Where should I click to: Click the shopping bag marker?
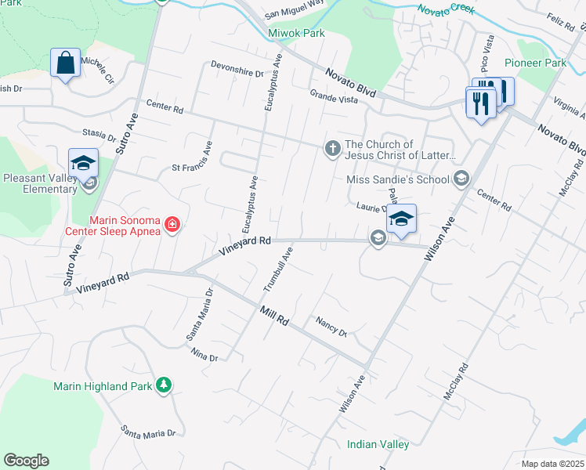click(65, 63)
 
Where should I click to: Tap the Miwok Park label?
click(296, 34)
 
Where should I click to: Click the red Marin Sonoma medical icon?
click(172, 226)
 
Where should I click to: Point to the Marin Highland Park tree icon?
click(164, 385)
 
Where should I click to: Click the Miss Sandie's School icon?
click(461, 179)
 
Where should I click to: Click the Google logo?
click(26, 461)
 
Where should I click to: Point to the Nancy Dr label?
click(331, 326)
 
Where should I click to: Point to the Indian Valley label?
click(378, 444)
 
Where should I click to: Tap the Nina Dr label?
click(204, 354)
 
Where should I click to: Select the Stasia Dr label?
click(99, 135)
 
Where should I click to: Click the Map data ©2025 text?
click(553, 464)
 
